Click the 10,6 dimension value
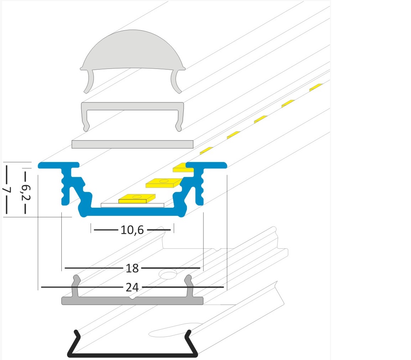(132, 230)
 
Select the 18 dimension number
(132, 268)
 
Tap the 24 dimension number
(132, 287)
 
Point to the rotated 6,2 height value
(26, 192)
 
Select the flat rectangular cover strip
(132, 144)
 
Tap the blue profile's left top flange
(59, 165)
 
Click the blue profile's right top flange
(206, 165)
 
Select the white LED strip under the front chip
(132, 205)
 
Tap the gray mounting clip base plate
(132, 301)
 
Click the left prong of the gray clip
(76, 286)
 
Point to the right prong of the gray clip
(189, 286)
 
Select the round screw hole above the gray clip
(167, 274)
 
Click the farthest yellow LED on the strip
(316, 87)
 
